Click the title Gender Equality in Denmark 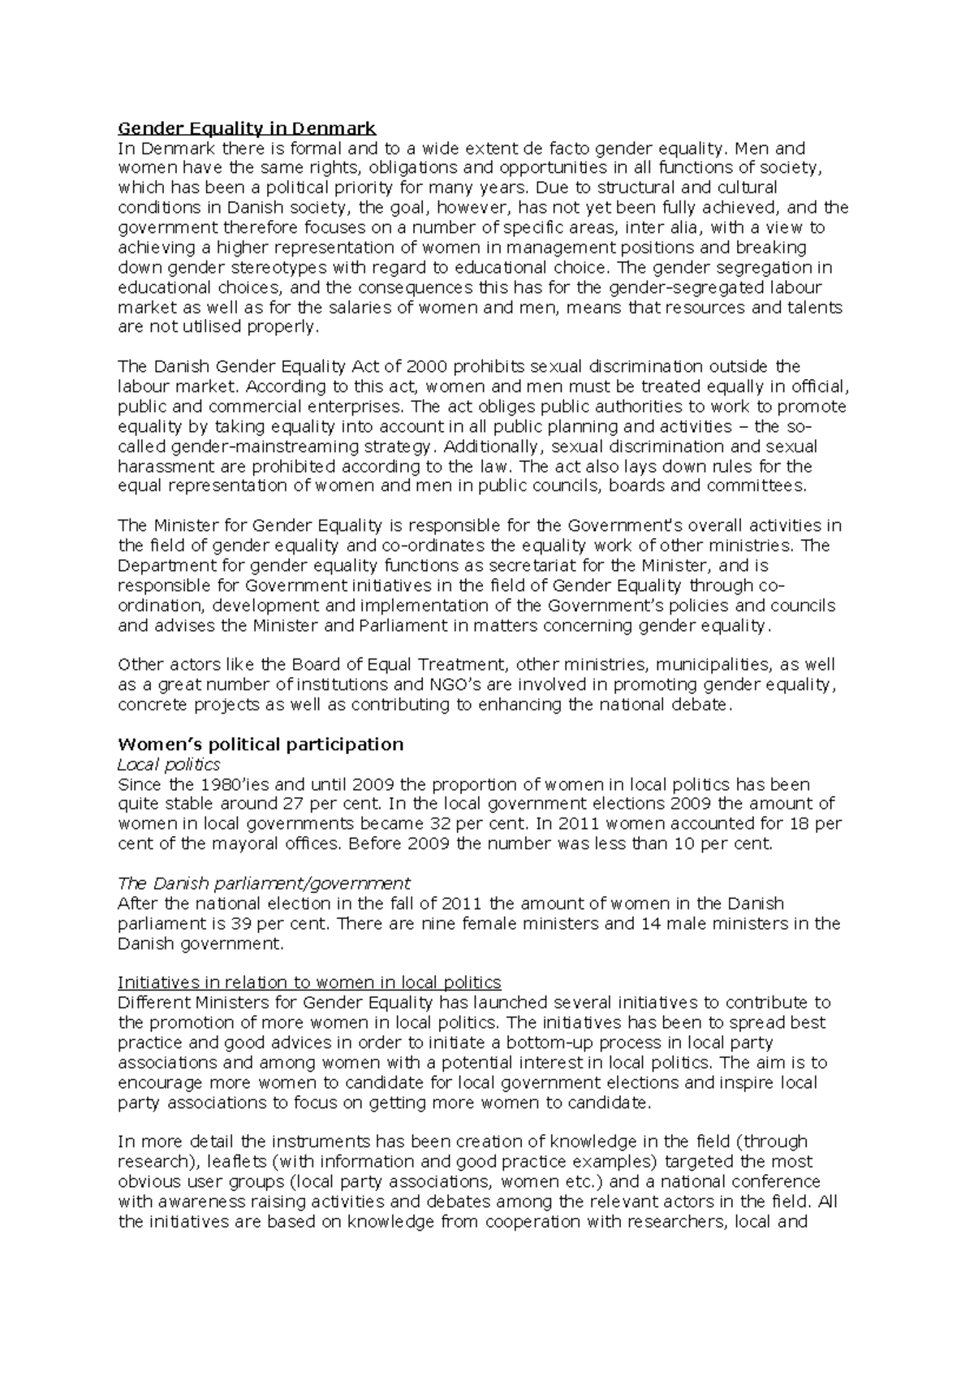click(247, 128)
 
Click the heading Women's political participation click(261, 745)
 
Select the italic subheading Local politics click(169, 765)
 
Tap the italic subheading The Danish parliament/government click(264, 883)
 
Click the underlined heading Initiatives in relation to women click(309, 982)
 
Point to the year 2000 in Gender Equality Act click(425, 367)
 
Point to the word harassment click(162, 467)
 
